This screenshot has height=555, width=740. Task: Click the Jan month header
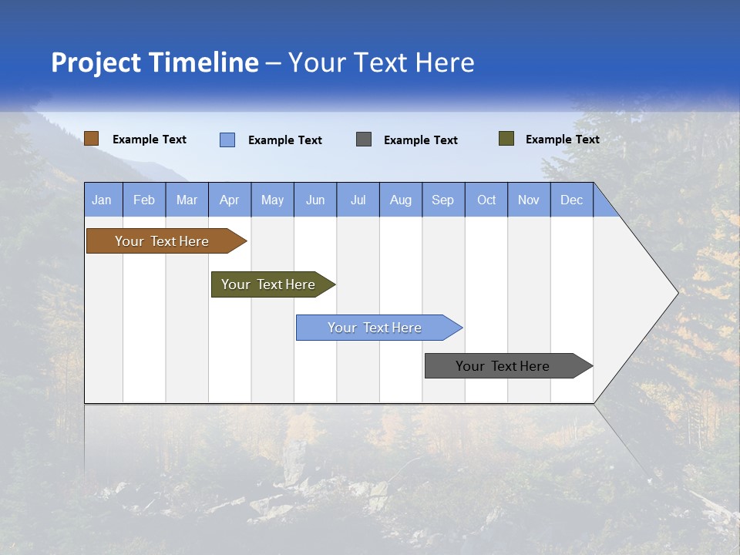(103, 200)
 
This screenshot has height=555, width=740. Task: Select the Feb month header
(144, 200)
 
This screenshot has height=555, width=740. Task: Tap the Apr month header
(230, 200)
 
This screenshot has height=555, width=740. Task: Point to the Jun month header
(315, 200)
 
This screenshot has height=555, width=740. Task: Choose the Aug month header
(401, 200)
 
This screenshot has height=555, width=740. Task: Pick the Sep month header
(443, 200)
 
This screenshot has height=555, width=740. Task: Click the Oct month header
(486, 200)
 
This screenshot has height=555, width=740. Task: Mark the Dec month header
(572, 200)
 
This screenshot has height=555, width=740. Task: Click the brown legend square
(92, 139)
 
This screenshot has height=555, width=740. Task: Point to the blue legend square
(227, 140)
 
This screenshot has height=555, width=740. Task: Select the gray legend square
(364, 140)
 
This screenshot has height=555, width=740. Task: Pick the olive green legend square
(506, 139)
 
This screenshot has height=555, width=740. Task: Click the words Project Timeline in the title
(155, 62)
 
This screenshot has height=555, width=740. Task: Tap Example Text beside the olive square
(562, 140)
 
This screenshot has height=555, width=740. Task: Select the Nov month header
(529, 200)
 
